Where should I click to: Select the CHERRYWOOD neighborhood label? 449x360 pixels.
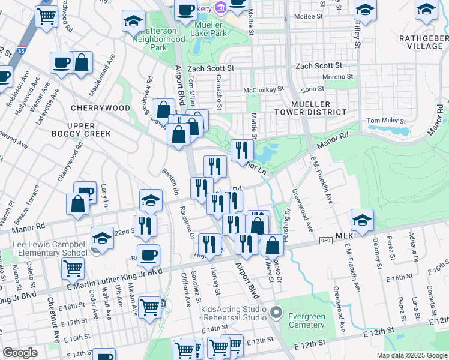pos(100,108)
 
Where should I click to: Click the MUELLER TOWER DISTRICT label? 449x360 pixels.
pos(319,108)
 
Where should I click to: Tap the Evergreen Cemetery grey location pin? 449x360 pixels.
pos(276,313)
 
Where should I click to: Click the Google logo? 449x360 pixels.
pos(20,353)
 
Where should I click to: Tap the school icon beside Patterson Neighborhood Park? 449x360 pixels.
pos(133,22)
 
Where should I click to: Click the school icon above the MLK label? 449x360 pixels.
pos(363,220)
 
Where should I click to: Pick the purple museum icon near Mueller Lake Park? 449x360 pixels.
pos(221,8)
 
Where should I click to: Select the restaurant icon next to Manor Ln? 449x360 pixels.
pos(242,150)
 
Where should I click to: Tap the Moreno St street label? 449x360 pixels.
pos(338,77)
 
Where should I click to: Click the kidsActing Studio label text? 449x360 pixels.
pos(234,313)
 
